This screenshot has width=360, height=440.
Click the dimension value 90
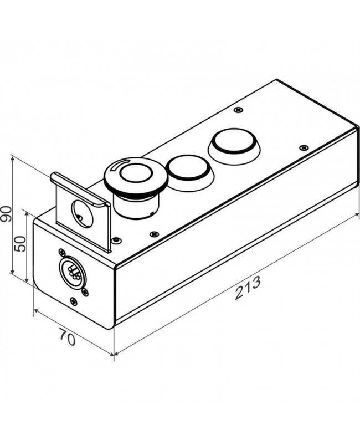point(6,214)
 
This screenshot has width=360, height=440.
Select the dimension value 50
point(20,244)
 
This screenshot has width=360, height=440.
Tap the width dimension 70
point(67,336)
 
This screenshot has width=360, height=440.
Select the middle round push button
point(189,169)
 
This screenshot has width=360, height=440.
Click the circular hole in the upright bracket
point(82,214)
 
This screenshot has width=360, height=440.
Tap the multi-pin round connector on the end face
point(73,272)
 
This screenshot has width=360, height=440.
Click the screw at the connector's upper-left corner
point(61,252)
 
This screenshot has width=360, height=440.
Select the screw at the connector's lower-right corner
point(85,293)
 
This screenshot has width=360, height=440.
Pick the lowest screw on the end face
point(74,301)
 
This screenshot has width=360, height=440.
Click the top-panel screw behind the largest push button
point(238,110)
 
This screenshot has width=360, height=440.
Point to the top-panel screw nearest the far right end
point(304,147)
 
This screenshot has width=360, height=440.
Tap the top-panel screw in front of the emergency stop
point(153,234)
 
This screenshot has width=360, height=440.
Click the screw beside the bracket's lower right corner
point(116,241)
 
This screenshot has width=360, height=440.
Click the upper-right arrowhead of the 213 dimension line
point(357,214)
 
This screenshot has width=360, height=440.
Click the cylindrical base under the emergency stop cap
point(136,205)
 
